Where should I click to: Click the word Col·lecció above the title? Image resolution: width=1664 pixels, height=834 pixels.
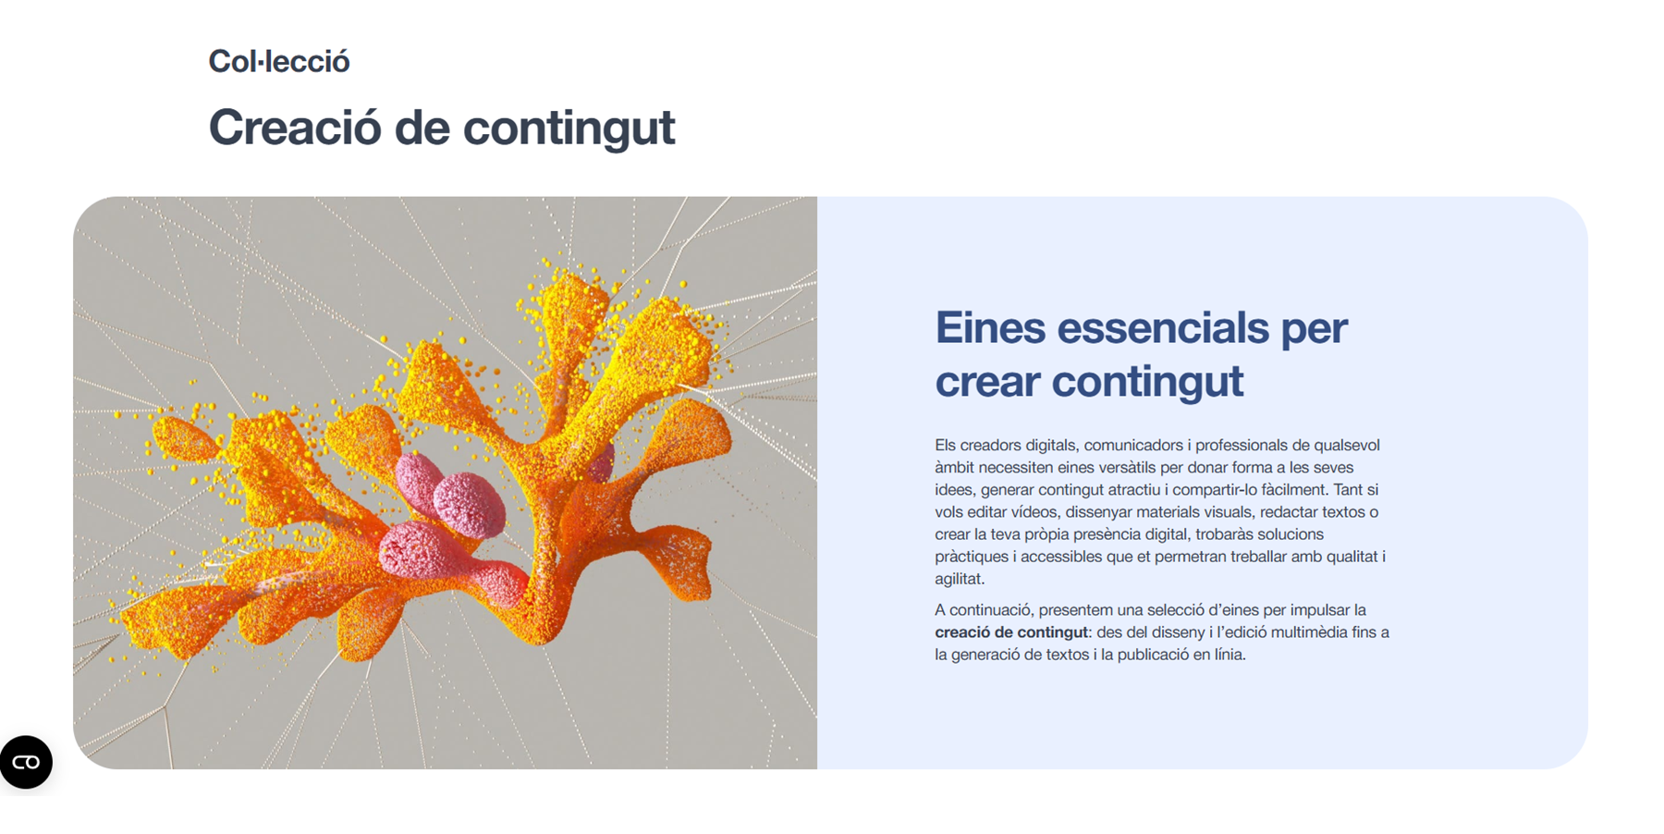click(x=279, y=61)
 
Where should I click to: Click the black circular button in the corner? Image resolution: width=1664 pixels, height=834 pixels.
click(x=26, y=762)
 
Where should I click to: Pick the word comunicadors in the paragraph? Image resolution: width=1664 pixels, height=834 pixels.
click(x=1133, y=445)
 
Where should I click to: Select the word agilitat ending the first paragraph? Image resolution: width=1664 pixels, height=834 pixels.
click(x=960, y=579)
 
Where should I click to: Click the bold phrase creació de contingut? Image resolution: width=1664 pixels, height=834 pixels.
click(x=1011, y=632)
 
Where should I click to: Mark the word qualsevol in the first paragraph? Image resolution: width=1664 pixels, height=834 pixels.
click(x=1347, y=445)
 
